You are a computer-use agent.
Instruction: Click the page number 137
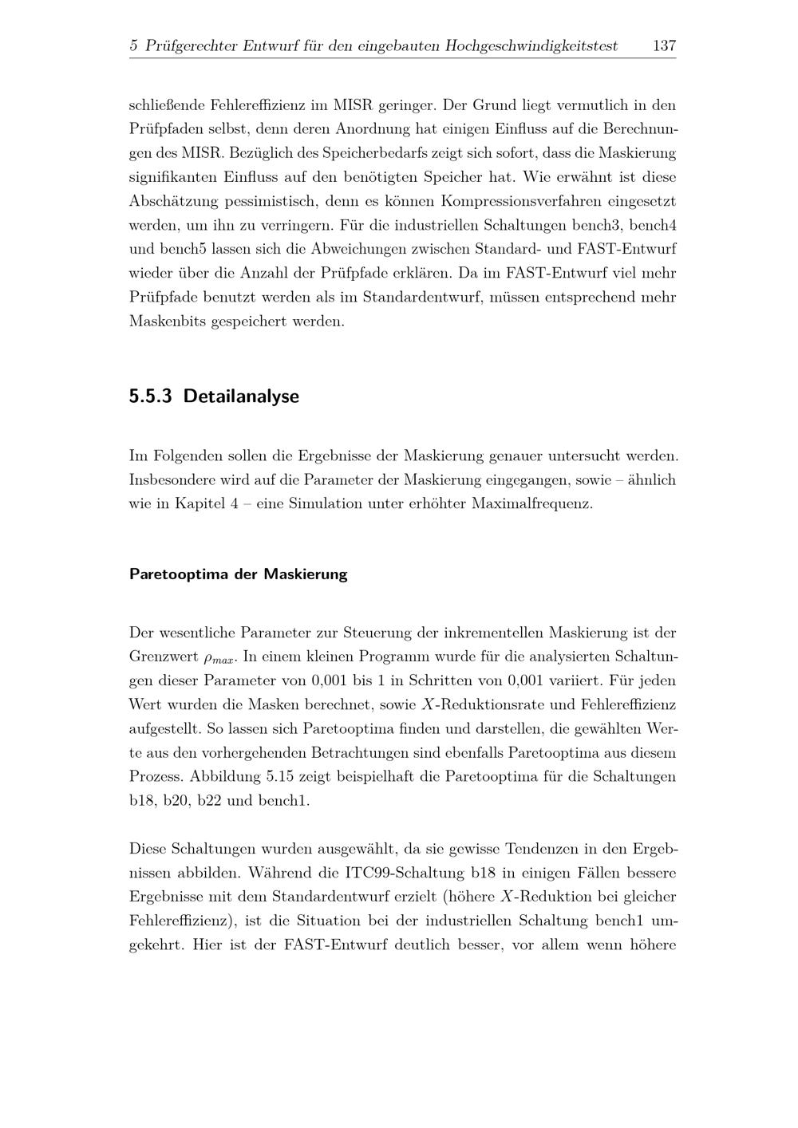[664, 46]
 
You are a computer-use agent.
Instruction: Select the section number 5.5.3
[150, 396]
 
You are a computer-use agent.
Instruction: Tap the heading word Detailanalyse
[241, 396]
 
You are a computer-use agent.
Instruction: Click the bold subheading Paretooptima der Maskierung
[238, 574]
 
